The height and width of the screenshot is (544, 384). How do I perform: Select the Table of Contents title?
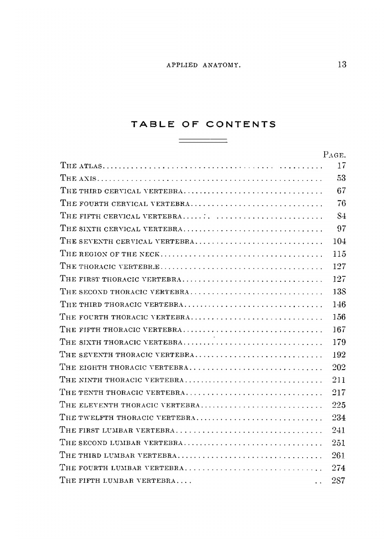click(x=203, y=124)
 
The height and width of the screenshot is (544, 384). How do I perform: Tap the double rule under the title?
click(x=203, y=141)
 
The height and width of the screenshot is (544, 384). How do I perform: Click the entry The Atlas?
click(x=82, y=165)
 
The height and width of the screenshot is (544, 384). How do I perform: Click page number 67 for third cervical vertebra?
click(x=341, y=190)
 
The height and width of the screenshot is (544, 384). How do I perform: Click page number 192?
click(x=340, y=354)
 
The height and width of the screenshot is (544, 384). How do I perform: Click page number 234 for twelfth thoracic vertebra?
click(x=340, y=417)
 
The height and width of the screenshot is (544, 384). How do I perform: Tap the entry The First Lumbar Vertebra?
click(x=118, y=430)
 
